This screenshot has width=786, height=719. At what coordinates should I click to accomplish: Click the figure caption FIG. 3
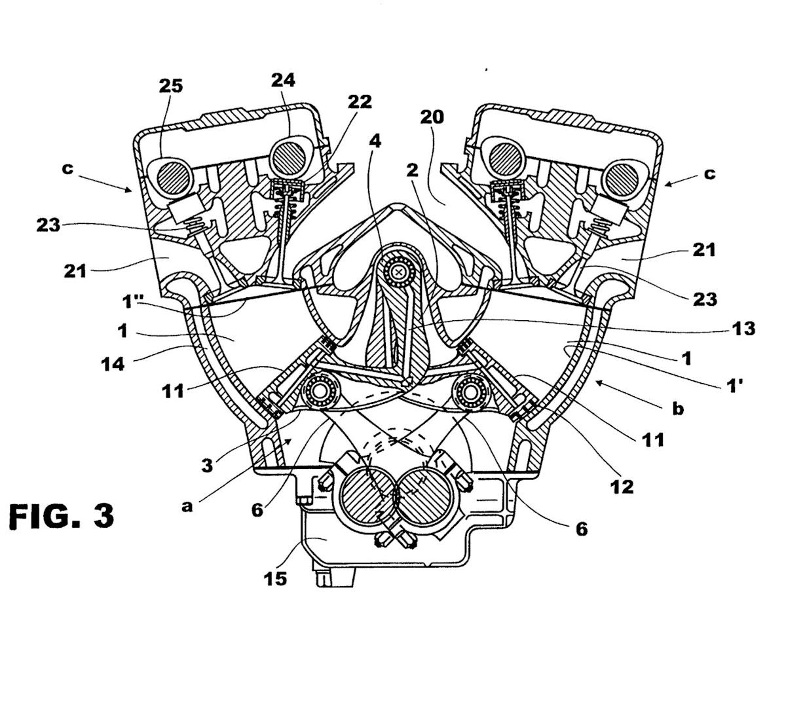coord(62,515)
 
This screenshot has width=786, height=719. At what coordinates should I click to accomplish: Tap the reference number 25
coord(170,86)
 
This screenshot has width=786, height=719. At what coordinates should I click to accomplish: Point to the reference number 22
coord(360,101)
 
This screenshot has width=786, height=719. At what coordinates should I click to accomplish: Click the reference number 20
coord(432,117)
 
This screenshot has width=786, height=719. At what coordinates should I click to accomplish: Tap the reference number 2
coord(411,171)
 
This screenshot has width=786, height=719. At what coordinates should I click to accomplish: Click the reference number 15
coord(275,578)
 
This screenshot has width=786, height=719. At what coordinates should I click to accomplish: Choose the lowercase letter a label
coord(187,506)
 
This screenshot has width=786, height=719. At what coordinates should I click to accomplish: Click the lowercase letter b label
coord(679,409)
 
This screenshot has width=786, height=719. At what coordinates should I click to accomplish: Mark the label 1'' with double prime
coord(135,303)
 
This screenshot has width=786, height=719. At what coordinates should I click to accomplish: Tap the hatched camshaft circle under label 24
coord(290,157)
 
